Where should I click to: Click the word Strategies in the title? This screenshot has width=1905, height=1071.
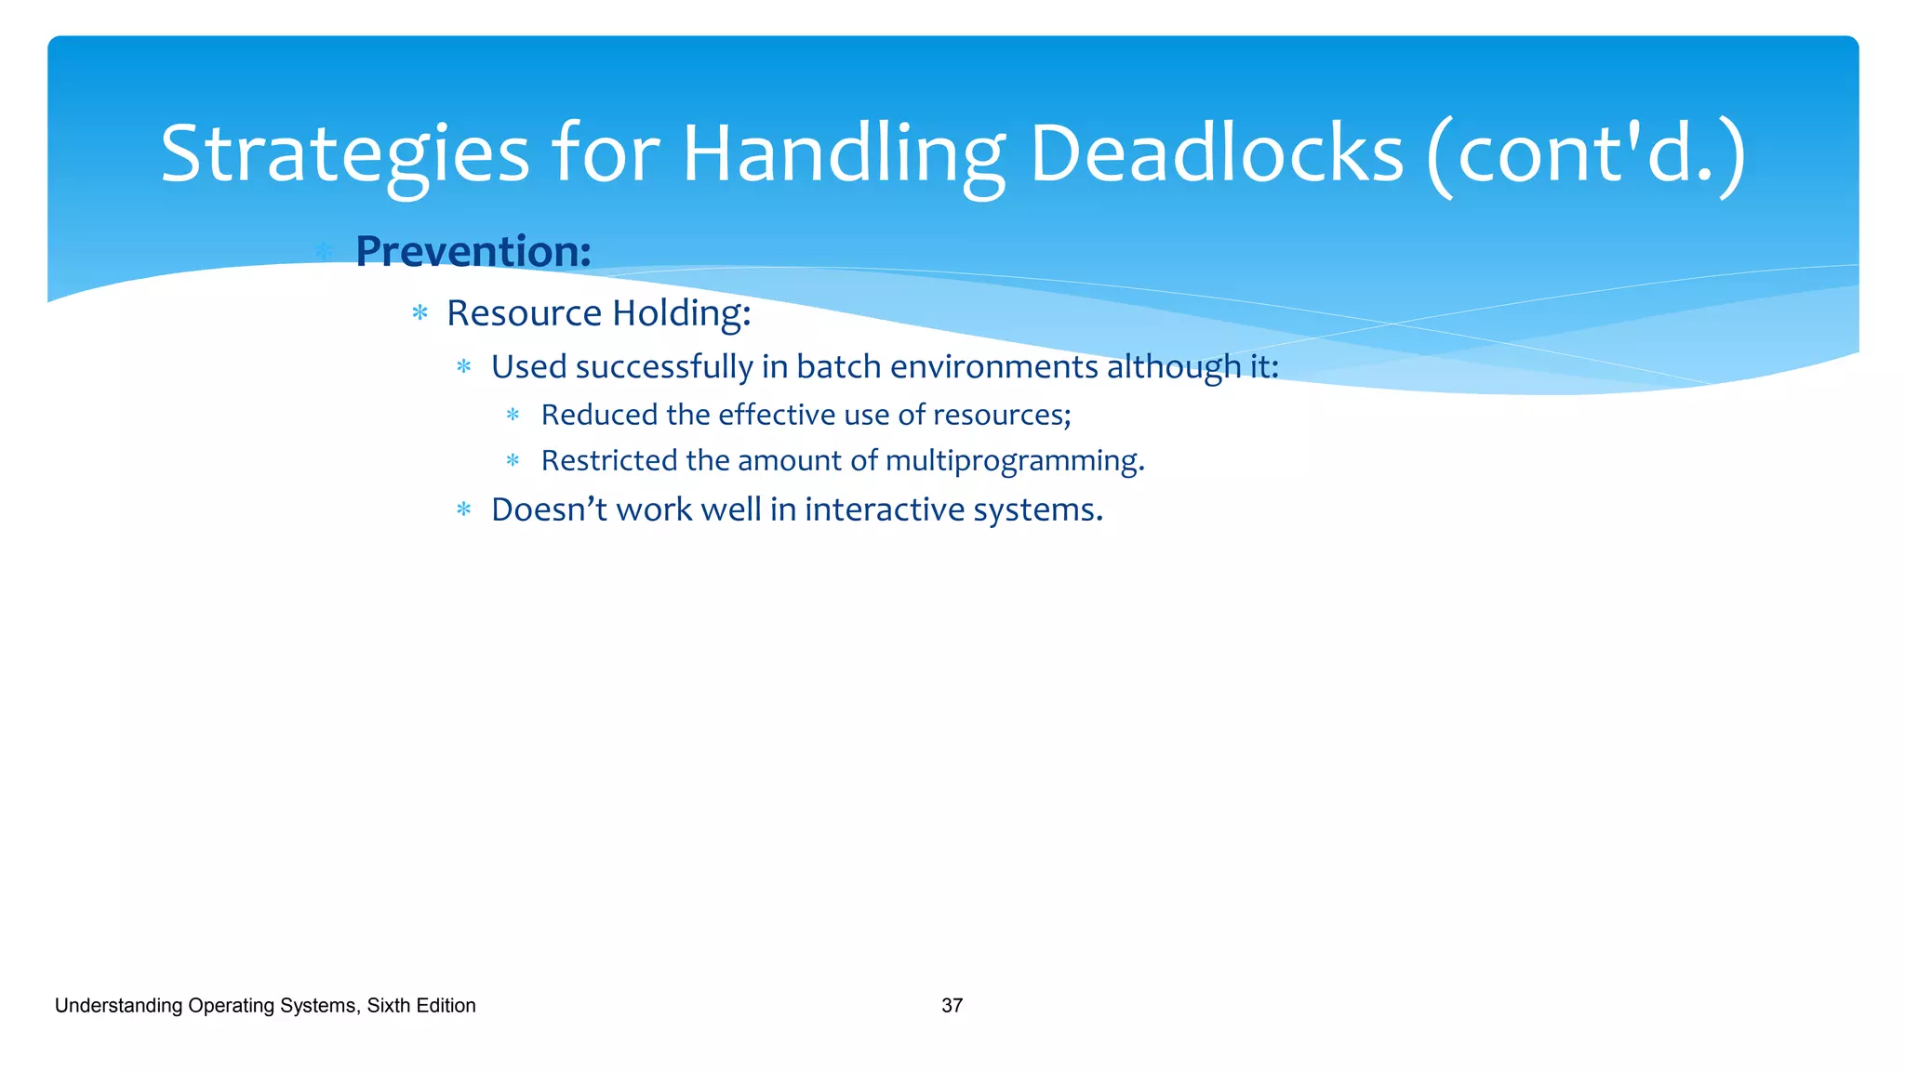tap(344, 154)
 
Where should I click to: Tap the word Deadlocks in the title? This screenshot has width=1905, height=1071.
tap(1216, 154)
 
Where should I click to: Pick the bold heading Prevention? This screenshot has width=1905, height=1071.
tap(473, 251)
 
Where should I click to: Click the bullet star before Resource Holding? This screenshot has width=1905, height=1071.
tap(420, 313)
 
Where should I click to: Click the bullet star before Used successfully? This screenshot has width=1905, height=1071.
tap(464, 367)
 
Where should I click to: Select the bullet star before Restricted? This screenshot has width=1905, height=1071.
tap(513, 460)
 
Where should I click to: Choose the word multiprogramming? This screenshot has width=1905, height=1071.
tap(1014, 461)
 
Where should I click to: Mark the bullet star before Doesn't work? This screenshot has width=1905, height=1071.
tap(464, 509)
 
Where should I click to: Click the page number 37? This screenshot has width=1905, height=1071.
tap(952, 1006)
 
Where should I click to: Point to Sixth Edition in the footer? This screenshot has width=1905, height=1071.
tap(420, 1006)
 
